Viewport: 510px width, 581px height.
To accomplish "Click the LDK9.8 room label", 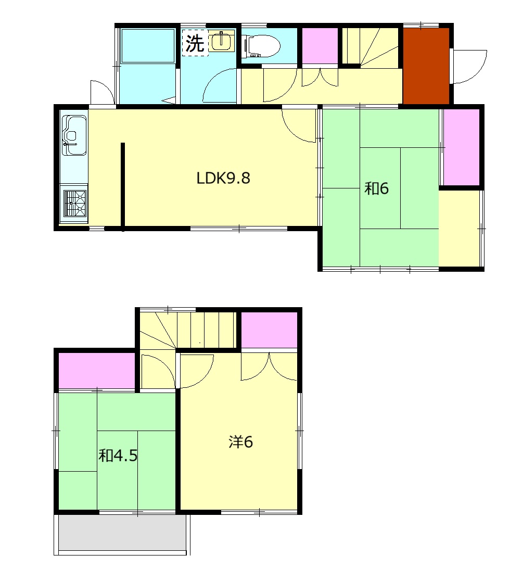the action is pos(223,178).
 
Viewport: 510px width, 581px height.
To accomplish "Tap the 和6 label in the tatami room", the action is pos(376,188).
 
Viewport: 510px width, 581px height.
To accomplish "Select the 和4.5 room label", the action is pos(118,456).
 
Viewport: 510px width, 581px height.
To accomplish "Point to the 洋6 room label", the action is pos(241,441).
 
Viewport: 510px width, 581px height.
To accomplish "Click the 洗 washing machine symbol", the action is pos(195,43).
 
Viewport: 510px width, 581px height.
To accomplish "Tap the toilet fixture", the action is pos(261,46).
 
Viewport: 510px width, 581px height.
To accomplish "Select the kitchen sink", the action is pos(74,135).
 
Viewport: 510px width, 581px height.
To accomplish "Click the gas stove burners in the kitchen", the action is pos(75,203).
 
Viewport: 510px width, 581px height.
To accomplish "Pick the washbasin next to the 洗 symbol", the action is pos(222,41).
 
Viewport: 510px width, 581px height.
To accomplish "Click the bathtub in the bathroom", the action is pos(148,46).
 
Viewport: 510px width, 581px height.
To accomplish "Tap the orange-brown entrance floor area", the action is pos(426,66).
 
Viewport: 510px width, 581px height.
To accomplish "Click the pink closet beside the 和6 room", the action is pos(461,147).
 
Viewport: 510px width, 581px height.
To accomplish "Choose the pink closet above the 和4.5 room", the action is pos(97,370).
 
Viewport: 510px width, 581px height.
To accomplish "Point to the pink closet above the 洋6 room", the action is pos(269,330).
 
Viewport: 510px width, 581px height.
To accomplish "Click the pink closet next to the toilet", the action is pos(320,46).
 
